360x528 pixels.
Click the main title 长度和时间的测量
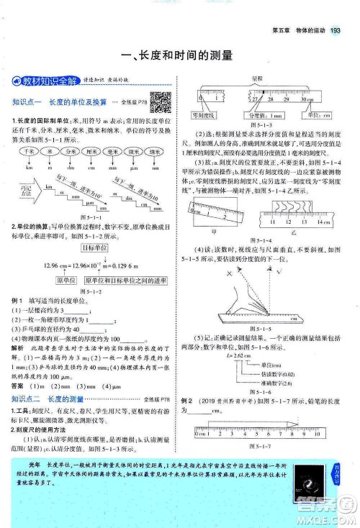coord(179,54)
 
